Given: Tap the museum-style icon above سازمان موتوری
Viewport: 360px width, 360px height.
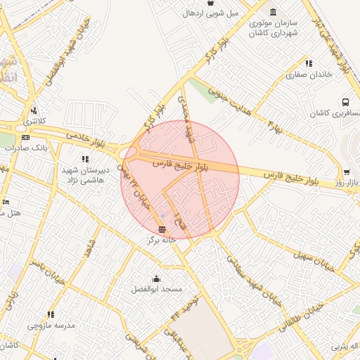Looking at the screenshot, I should tap(272, 13).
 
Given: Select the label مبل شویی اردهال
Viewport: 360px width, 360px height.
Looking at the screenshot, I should tap(211, 13).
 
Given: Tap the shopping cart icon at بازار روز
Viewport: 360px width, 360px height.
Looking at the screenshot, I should tap(346, 172).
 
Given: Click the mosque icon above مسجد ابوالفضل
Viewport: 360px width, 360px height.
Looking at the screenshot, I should tap(156, 278).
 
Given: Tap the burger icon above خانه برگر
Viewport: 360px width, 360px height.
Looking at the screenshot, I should tap(162, 229).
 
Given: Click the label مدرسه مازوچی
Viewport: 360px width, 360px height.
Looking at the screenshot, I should tap(51, 326).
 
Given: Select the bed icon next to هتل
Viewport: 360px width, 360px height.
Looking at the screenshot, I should tap(6, 202).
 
